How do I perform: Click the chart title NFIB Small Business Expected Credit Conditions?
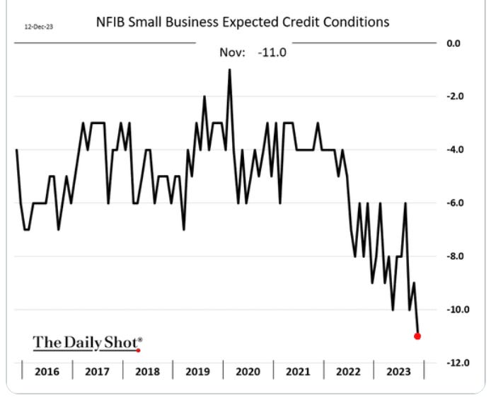243,22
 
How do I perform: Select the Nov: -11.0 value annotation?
253,52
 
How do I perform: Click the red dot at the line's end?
417,336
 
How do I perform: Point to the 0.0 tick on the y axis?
454,43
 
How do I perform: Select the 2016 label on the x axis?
47,371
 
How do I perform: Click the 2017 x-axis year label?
98,371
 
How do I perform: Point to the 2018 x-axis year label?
147,371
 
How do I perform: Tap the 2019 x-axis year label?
198,371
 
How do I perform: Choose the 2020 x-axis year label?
248,371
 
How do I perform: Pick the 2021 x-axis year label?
299,371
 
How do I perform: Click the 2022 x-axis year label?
349,371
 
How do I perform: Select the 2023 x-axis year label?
398,371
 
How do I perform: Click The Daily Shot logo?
87,343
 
